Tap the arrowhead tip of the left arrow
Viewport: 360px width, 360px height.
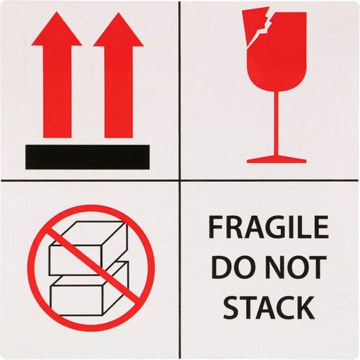click(x=56, y=16)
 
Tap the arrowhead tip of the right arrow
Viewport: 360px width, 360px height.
click(x=118, y=16)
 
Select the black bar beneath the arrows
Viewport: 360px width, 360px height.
click(x=87, y=157)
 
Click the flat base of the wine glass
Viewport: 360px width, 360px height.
click(x=277, y=158)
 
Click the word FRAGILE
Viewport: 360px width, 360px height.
click(x=268, y=228)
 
